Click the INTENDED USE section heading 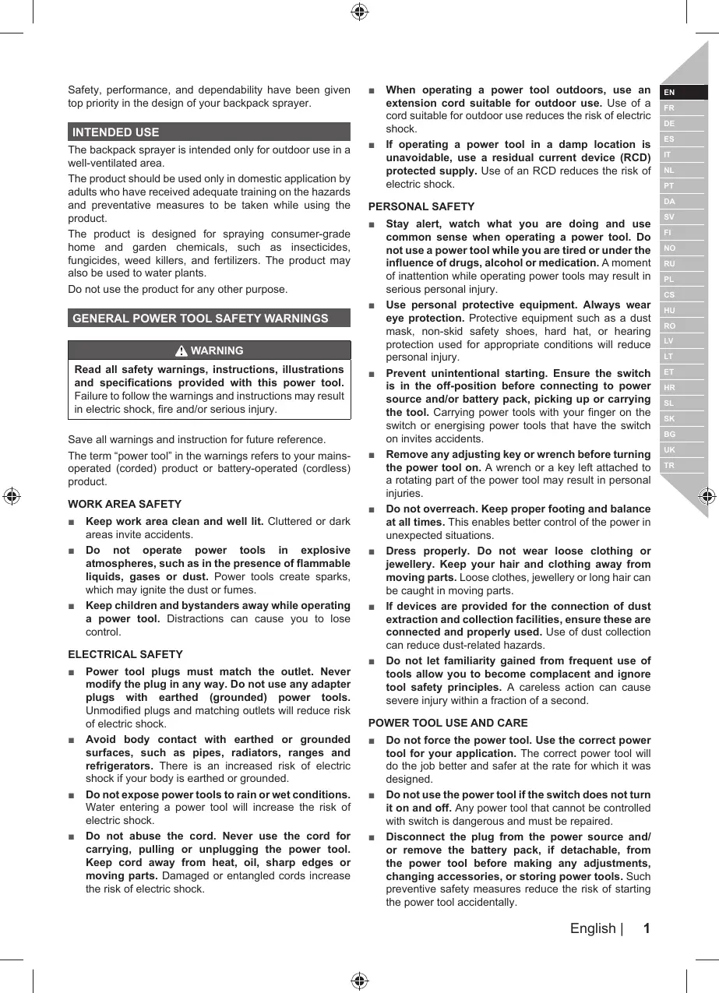115,132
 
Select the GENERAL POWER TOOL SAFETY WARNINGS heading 200,318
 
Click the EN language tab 670,93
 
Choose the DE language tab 670,124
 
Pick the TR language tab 670,466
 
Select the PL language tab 670,279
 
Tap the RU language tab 670,263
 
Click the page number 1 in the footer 646,928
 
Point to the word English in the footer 593,928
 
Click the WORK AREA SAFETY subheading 125,504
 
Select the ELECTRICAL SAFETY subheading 125,654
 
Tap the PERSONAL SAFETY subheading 421,206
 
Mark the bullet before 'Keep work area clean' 72,522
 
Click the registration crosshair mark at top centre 359,11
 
